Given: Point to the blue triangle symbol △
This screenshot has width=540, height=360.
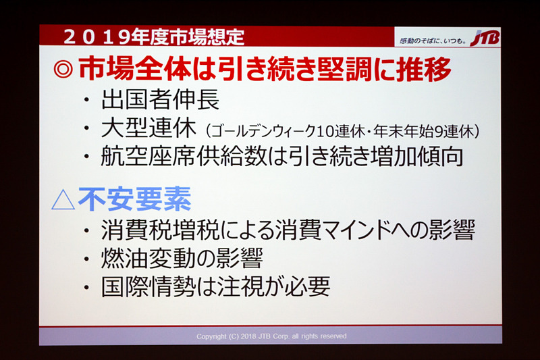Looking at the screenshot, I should coord(63,199).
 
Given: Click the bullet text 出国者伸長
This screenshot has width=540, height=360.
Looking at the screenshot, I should coord(160,101).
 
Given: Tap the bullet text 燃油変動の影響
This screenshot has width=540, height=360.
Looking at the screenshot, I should coord(181,259).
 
